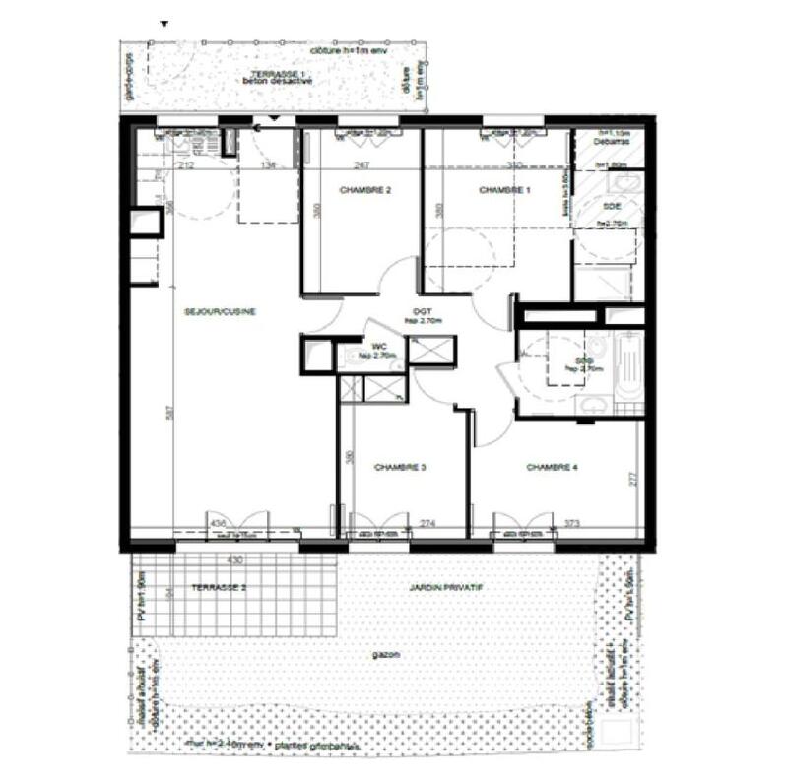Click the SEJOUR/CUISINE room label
(221, 312)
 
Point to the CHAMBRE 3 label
(399, 467)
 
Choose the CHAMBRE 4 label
(551, 467)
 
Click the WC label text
(377, 347)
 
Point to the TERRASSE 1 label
(279, 75)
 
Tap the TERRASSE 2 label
(219, 587)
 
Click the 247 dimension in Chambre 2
(361, 166)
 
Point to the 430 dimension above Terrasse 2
(235, 559)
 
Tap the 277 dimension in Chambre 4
(634, 479)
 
